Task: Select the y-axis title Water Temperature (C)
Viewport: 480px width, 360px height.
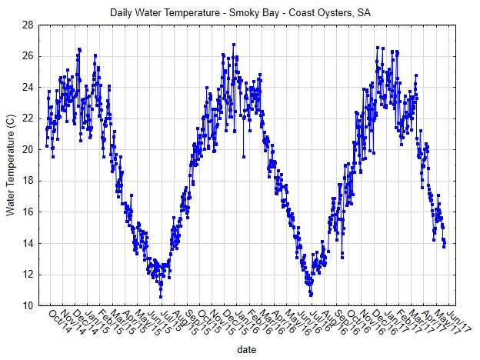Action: coord(11,165)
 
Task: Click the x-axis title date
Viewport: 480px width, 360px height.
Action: coord(245,348)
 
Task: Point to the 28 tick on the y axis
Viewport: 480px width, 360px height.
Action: coord(27,25)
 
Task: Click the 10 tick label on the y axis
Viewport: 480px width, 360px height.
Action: coord(27,305)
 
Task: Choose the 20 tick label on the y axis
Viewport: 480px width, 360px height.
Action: coord(27,150)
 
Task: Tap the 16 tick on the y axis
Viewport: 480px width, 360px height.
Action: coord(27,212)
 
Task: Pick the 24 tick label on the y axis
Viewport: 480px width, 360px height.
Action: coord(27,88)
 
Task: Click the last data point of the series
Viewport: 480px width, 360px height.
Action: coord(445,245)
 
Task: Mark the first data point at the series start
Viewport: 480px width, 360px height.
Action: coord(47,145)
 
